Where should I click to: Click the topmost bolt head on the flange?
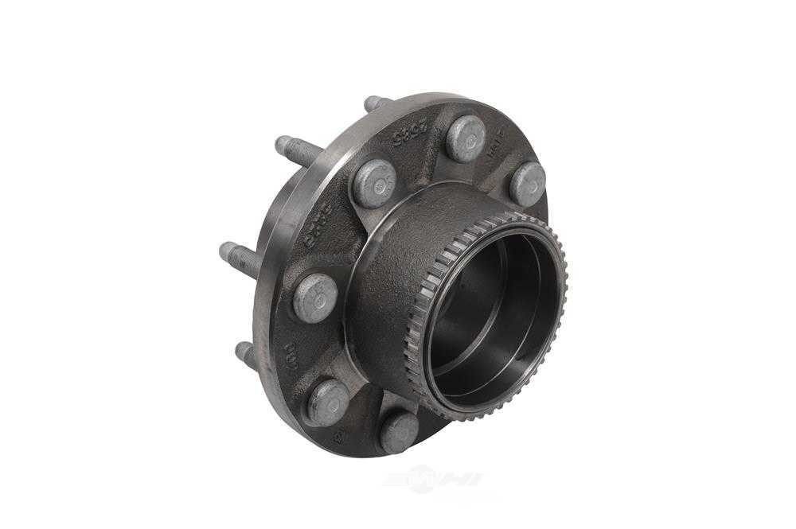pyautogui.click(x=466, y=138)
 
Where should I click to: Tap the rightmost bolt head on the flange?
pyautogui.click(x=528, y=184)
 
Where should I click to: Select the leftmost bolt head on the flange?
pyautogui.click(x=315, y=297)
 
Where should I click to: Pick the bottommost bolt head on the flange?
pyautogui.click(x=399, y=432)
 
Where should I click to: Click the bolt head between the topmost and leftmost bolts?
pyautogui.click(x=375, y=183)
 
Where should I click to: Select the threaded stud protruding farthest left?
pyautogui.click(x=237, y=259)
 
